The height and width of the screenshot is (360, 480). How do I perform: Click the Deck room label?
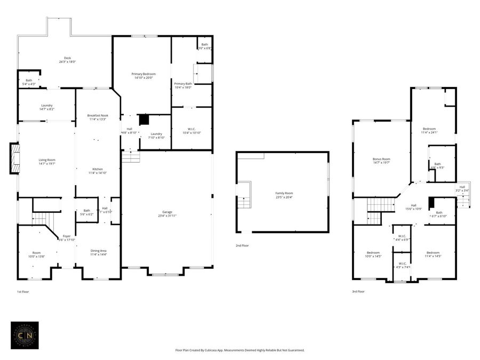click(x=67, y=60)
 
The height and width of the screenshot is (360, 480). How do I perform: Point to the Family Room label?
click(x=284, y=195)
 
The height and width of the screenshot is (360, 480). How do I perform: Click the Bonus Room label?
click(x=381, y=161)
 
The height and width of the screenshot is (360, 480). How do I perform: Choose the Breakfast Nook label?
click(x=97, y=117)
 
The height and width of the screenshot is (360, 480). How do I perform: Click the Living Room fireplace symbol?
click(x=14, y=158)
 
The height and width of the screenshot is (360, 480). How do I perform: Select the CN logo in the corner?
click(x=24, y=335)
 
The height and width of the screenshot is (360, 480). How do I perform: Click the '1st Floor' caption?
click(x=22, y=292)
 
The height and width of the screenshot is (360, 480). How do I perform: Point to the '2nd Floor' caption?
click(x=242, y=245)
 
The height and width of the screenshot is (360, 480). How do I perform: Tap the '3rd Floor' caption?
click(x=358, y=292)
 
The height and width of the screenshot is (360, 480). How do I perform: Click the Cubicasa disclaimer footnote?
click(x=239, y=350)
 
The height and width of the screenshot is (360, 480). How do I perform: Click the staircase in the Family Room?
click(x=243, y=195)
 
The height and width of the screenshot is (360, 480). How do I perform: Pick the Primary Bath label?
click(x=183, y=85)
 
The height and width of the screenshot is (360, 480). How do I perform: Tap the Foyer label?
click(x=67, y=238)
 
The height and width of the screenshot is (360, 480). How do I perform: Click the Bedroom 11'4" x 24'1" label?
click(x=429, y=131)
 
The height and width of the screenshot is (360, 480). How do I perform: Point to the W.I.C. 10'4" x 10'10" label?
click(x=190, y=131)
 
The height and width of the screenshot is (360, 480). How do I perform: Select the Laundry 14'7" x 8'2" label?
click(x=47, y=107)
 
